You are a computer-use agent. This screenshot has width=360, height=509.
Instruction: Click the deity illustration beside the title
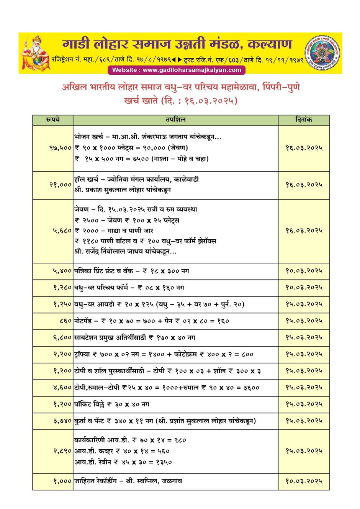point(36,53)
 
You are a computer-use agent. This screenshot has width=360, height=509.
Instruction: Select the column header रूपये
point(53,120)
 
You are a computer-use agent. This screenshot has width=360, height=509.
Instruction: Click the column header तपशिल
point(175,120)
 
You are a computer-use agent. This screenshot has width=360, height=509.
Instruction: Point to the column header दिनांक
point(304,120)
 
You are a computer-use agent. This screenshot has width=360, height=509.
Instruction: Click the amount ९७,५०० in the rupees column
point(60,148)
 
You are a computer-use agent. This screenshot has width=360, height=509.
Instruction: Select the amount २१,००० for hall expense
point(60,185)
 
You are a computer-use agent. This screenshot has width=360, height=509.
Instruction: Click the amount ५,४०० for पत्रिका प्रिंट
point(62,271)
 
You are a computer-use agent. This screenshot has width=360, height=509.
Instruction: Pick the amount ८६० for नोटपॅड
point(65,321)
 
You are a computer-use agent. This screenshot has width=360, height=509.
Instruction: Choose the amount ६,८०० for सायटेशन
point(62,337)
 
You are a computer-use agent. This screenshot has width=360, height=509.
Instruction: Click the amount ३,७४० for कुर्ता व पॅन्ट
point(62,421)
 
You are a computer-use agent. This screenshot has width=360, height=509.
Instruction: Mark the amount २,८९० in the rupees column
point(62,451)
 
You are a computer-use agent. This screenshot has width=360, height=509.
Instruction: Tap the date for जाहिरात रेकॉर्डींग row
point(304,481)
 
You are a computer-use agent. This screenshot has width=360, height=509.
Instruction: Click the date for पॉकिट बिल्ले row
point(304,404)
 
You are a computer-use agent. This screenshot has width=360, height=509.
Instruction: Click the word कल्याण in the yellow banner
point(270,44)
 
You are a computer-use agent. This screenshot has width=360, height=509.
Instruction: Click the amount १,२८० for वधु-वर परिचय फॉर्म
point(62,288)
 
